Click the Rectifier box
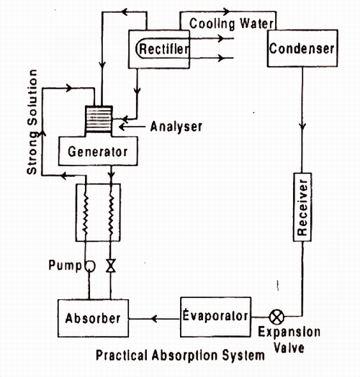163,49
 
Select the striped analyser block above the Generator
97,118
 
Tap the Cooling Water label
231,23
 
